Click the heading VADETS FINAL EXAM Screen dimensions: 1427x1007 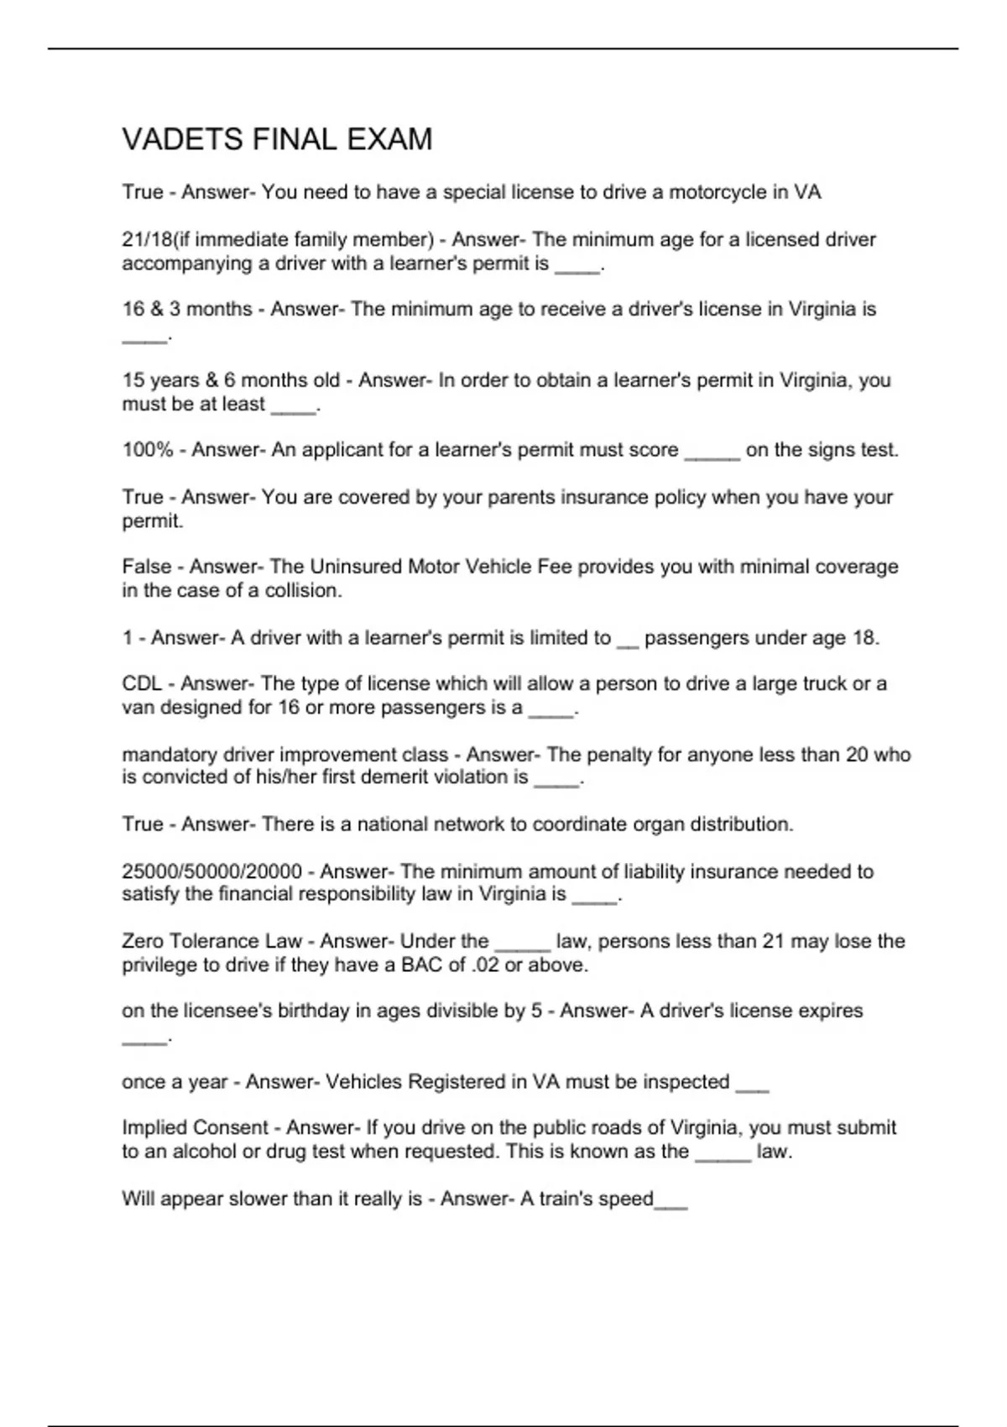(277, 139)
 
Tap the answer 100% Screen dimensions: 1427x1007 (147, 450)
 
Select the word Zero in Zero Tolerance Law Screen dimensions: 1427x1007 (142, 942)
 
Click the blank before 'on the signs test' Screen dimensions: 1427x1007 (712, 453)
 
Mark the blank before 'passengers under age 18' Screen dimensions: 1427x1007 (627, 641)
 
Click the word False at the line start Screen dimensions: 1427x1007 (146, 567)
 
